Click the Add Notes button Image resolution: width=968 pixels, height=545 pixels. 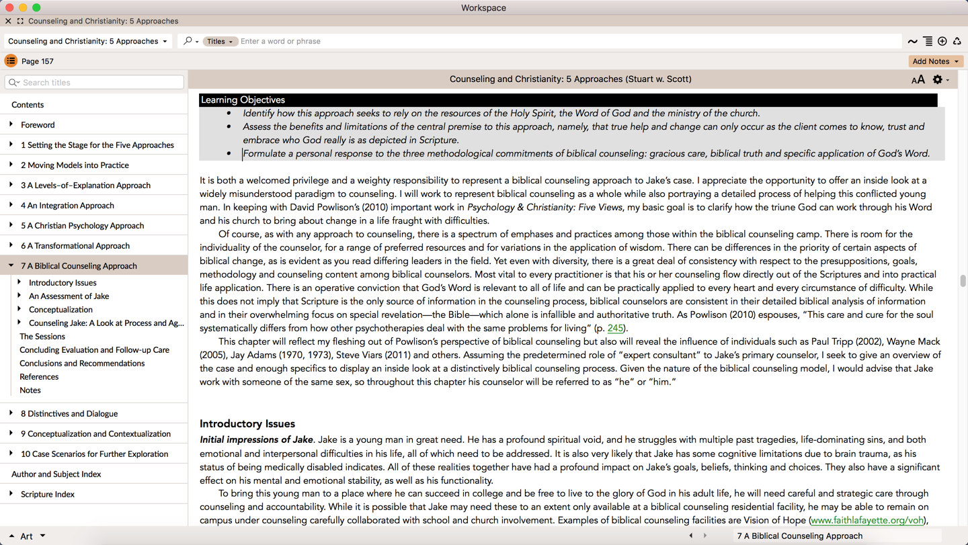click(x=935, y=61)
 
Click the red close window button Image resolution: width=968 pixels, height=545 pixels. click(x=9, y=7)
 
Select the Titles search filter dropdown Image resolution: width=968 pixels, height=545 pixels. click(x=220, y=42)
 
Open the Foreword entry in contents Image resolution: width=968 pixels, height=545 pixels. click(x=38, y=125)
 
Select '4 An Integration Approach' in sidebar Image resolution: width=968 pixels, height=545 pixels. click(x=67, y=206)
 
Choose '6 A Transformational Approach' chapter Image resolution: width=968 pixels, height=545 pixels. click(x=75, y=246)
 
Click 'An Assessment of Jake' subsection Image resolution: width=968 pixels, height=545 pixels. click(x=69, y=296)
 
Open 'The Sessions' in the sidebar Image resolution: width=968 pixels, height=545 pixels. click(x=42, y=337)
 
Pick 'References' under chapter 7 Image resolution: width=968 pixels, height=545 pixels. click(x=39, y=377)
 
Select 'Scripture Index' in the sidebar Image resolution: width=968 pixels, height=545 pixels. click(x=48, y=495)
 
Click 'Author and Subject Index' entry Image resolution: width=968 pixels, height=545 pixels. click(x=56, y=474)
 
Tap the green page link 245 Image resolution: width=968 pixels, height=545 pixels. click(x=614, y=329)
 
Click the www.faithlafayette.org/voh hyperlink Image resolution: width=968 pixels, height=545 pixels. click(x=867, y=520)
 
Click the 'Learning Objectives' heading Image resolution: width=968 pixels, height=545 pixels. click(x=243, y=100)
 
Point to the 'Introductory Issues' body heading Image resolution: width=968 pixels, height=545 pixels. click(x=247, y=424)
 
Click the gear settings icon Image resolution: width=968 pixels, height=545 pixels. click(x=937, y=79)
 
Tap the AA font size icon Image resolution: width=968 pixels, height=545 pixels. click(x=918, y=80)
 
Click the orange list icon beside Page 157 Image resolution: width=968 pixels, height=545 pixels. click(x=11, y=61)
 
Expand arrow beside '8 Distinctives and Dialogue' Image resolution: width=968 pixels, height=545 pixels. click(x=11, y=413)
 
